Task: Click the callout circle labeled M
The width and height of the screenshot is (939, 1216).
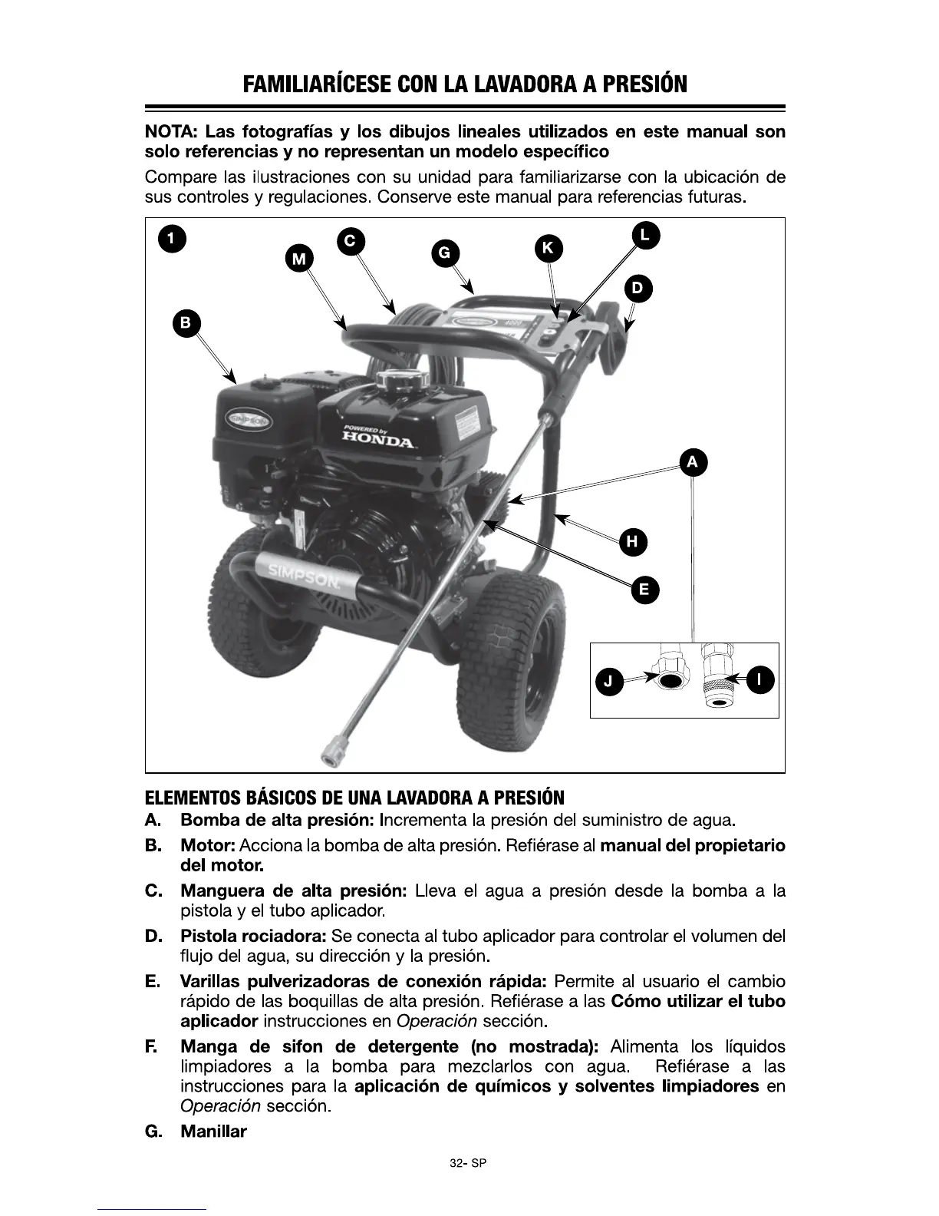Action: coord(298,259)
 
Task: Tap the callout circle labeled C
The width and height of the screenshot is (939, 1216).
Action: coord(350,240)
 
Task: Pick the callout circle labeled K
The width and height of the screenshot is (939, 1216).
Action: coord(548,247)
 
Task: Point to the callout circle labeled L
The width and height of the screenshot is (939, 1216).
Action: coord(645,235)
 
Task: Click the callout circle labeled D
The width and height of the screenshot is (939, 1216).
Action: coord(638,289)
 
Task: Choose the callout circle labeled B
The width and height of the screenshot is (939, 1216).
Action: coord(186,322)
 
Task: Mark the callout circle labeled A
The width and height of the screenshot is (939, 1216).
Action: coord(693,462)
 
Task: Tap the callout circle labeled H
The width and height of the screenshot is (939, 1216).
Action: coord(632,542)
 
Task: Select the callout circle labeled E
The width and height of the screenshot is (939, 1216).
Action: coord(644,590)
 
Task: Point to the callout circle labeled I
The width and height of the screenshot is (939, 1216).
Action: coord(759,679)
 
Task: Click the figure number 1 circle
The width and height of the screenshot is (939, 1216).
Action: coord(172,238)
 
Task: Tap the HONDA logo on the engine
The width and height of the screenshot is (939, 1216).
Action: coord(378,439)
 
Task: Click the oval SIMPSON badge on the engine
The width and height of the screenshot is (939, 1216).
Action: coord(247,421)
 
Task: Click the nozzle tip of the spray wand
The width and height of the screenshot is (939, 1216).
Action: coord(331,750)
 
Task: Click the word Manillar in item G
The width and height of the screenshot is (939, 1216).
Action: coord(213,1132)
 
